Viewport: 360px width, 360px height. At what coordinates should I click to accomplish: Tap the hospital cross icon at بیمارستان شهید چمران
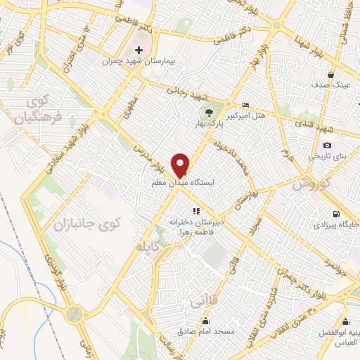139,51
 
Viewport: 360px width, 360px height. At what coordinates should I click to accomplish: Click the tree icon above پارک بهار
209,112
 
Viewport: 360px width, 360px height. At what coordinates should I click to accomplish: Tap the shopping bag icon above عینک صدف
330,73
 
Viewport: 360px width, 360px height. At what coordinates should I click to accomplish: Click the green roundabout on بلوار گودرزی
75,314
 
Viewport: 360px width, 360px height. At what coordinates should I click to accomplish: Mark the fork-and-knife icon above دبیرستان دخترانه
196,210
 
